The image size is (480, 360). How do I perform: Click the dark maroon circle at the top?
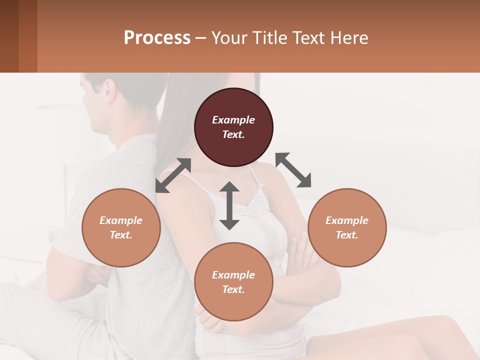pos(233,127)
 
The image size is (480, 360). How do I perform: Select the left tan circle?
pos(121,227)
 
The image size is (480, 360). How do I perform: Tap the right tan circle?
pos(347,227)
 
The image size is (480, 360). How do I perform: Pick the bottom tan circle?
pos(233,281)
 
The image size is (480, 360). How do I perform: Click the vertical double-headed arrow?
pos(229,205)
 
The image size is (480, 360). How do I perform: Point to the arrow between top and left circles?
pos(173,175)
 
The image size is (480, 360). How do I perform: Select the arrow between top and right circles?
pos(293,170)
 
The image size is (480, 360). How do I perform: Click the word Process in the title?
pos(157,37)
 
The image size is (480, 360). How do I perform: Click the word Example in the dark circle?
pos(233,120)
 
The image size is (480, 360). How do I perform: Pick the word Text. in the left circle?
pos(121,235)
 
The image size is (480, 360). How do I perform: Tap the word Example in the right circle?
pos(347,220)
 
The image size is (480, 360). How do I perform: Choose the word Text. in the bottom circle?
pos(233,289)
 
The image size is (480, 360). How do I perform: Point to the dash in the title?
pos(201,38)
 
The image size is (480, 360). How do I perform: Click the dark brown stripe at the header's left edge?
pos(9,36)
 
